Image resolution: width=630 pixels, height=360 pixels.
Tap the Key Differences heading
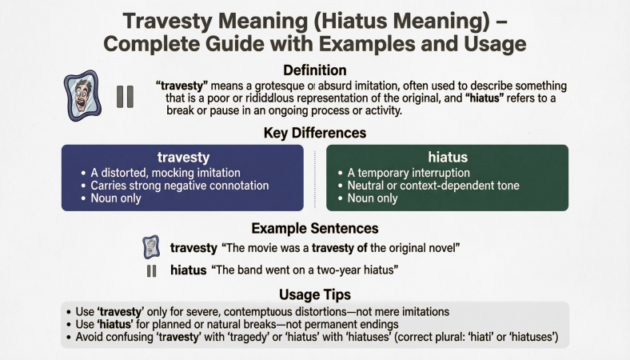point(315,133)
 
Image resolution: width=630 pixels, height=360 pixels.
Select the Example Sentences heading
point(315,228)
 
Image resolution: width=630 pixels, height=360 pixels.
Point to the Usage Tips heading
point(315,294)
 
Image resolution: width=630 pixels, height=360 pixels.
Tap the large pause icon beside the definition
point(125,97)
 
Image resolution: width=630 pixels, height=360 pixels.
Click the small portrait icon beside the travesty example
point(151,247)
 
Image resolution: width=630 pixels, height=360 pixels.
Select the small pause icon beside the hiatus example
point(152,270)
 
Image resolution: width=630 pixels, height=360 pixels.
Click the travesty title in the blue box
point(182,158)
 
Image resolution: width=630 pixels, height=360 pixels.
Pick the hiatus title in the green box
point(448,158)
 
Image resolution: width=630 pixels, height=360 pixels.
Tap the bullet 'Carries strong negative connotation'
point(180,186)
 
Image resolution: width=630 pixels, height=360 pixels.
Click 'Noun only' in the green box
point(375,198)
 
